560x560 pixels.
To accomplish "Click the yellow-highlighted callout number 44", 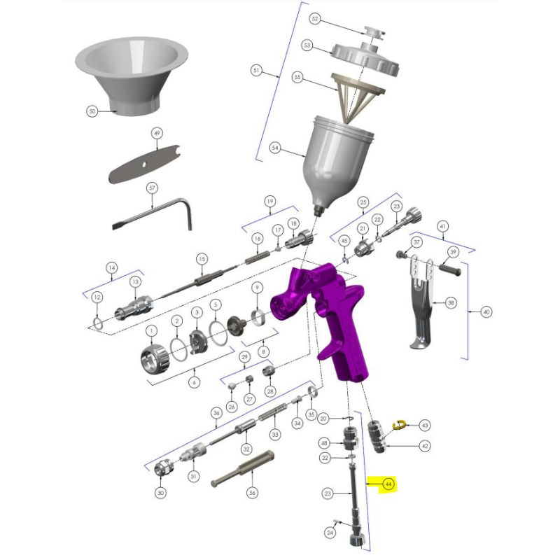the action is (388, 484).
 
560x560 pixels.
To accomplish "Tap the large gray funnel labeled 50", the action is (132, 76).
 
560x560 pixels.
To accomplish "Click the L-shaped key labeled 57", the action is (153, 213).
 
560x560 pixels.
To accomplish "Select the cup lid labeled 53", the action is (365, 58).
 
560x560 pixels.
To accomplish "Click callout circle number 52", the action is (314, 19).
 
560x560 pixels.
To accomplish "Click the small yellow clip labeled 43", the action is (398, 425).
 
